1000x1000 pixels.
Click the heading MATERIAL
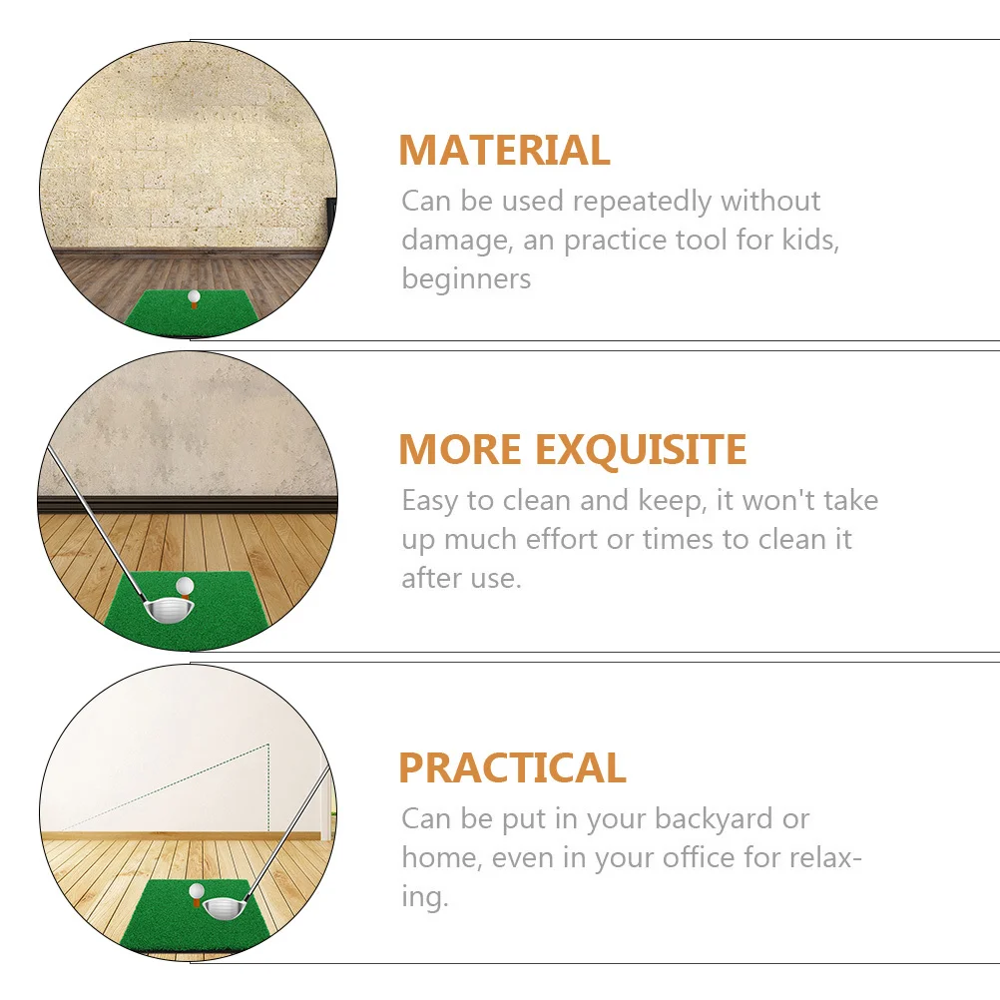click(504, 151)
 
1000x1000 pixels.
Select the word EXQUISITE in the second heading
click(641, 450)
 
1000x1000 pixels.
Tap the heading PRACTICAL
click(512, 767)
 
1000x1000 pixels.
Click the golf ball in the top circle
click(194, 295)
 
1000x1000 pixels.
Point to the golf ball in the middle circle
click(184, 587)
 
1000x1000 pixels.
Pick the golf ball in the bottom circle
click(198, 889)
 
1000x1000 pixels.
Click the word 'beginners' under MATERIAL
click(466, 278)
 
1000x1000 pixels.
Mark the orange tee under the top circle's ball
click(194, 304)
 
